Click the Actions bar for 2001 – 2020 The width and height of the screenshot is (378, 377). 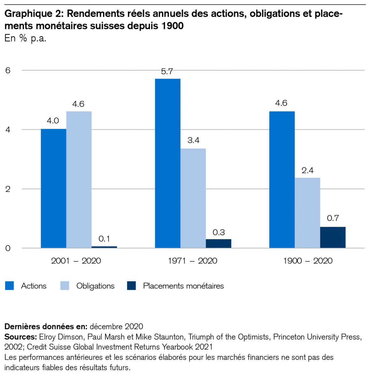click(x=53, y=188)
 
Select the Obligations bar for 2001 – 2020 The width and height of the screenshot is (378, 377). click(x=79, y=180)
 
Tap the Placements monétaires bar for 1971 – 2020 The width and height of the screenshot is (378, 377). click(x=219, y=244)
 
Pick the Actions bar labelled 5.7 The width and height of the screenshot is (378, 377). click(x=168, y=163)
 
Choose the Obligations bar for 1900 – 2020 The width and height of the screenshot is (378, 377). click(x=307, y=213)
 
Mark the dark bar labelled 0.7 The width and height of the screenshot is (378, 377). click(x=333, y=238)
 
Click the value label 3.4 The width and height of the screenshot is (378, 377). click(x=193, y=140)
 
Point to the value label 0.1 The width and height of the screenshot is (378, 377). click(x=104, y=239)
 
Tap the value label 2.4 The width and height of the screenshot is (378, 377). click(x=307, y=170)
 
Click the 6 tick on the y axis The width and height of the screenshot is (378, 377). click(x=8, y=70)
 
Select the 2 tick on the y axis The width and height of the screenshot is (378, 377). click(x=8, y=189)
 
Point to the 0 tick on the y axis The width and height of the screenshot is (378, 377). click(x=8, y=248)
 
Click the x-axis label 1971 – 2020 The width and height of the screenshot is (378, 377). click(x=192, y=261)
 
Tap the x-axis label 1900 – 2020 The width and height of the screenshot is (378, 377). click(x=308, y=261)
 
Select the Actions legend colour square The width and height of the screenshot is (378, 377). click(x=10, y=286)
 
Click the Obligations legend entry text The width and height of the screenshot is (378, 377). click(x=95, y=286)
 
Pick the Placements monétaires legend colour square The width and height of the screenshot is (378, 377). click(x=132, y=286)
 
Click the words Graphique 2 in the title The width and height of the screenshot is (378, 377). click(x=34, y=14)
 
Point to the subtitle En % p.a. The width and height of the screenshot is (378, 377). click(x=25, y=38)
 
